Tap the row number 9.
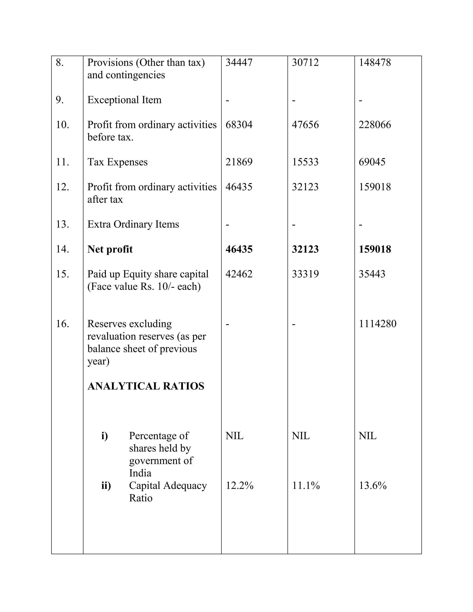(59, 100)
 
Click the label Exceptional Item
(124, 100)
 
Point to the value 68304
(239, 124)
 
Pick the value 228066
(375, 124)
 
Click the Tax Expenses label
(117, 162)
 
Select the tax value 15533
(305, 162)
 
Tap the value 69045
(372, 162)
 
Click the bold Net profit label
(110, 249)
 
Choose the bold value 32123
(305, 249)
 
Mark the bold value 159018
(375, 249)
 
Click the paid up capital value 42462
(239, 274)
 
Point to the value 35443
(372, 274)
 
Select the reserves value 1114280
(377, 324)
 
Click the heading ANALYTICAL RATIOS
(146, 386)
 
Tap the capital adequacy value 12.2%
(239, 486)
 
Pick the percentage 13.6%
(372, 486)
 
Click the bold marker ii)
(106, 486)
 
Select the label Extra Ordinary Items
(133, 224)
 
